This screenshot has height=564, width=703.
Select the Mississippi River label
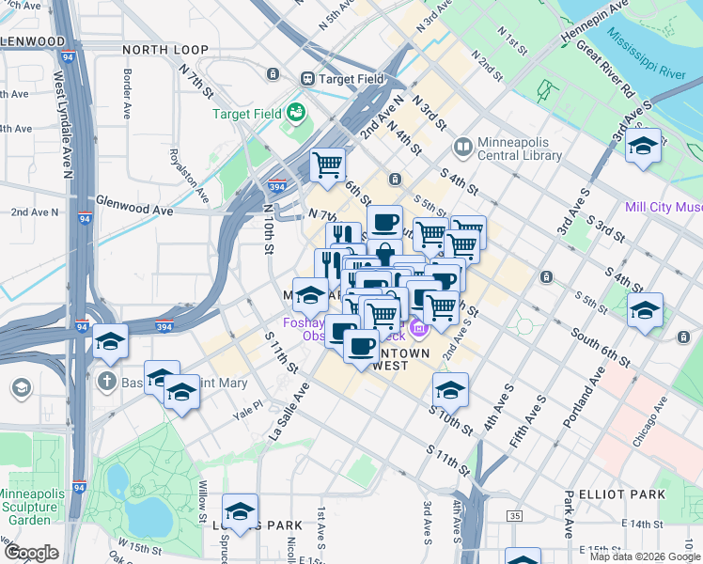[646, 54]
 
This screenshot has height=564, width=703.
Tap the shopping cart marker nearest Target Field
[327, 165]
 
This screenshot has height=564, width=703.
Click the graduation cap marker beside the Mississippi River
[643, 148]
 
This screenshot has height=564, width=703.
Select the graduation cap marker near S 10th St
[450, 389]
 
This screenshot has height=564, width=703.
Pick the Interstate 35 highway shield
[514, 516]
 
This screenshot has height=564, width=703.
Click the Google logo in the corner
[31, 552]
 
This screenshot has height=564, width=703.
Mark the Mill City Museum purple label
[664, 207]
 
